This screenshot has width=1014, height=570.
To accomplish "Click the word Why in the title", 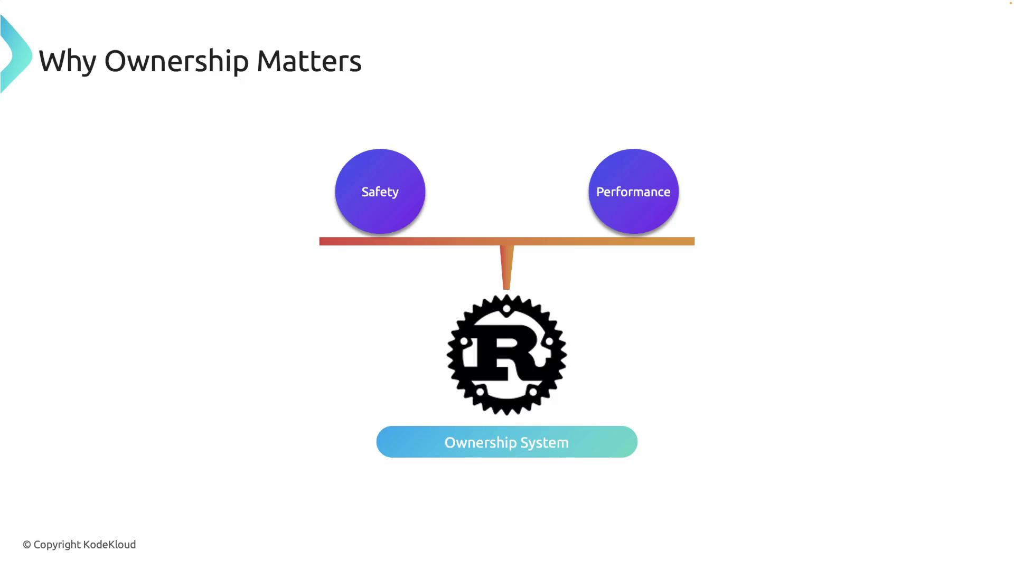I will [67, 61].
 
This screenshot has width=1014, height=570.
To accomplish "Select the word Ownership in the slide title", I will [176, 61].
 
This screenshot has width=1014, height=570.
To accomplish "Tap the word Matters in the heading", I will [309, 61].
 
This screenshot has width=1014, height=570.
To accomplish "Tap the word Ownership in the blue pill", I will [480, 442].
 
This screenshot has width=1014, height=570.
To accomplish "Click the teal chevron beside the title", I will [16, 55].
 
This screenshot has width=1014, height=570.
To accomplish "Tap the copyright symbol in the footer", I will [27, 545].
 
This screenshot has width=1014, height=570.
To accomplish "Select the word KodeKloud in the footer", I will [109, 545].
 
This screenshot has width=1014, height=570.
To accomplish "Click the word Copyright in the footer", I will [57, 545].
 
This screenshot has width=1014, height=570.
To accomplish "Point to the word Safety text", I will [380, 192].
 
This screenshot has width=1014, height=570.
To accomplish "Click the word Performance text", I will [633, 192].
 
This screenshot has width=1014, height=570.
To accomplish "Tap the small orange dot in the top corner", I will [1011, 3].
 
